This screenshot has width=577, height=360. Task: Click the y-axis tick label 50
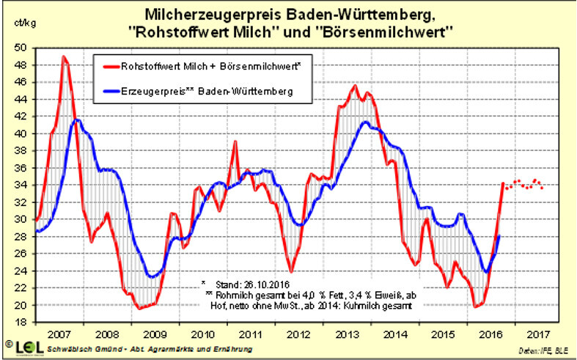coord(21,48)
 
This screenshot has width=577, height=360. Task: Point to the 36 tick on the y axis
coord(21,168)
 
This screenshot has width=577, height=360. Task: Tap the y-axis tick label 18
coord(21,323)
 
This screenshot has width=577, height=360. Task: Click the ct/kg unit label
coord(24,23)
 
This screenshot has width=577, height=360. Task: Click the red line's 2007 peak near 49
coord(65,56)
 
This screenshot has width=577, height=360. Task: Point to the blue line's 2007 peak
coord(76,120)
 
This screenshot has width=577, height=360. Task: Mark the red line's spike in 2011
coord(235,142)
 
